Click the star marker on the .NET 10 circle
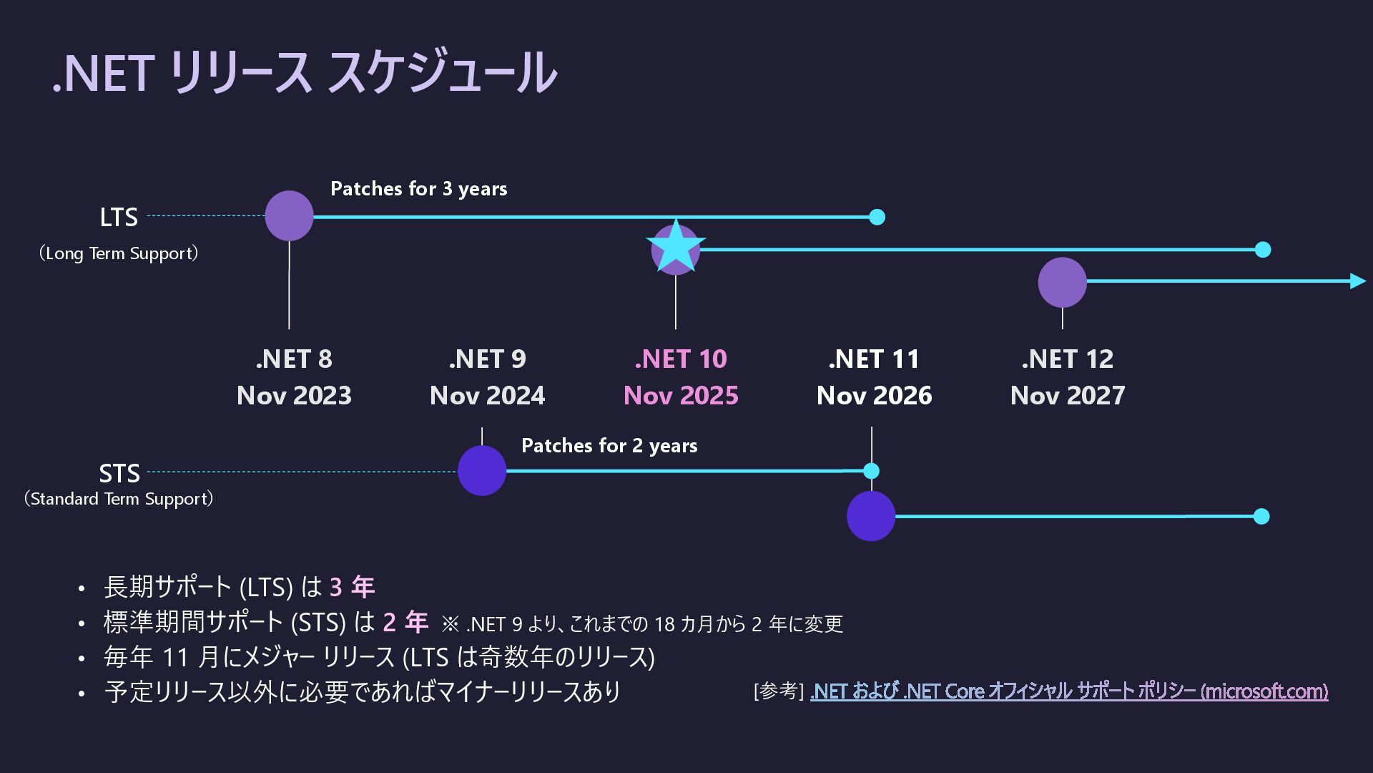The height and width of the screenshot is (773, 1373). tap(676, 248)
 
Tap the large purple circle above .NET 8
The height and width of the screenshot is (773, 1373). tap(289, 215)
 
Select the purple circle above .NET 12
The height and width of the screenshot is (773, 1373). tap(1062, 282)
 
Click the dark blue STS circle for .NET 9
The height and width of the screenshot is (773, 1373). tap(481, 471)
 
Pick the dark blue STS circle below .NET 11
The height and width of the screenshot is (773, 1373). tap(871, 516)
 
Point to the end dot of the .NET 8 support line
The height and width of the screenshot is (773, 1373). tap(877, 217)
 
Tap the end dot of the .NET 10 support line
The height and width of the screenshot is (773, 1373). tap(1263, 250)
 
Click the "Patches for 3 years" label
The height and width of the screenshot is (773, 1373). tap(418, 189)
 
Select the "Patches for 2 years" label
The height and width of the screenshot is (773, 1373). tap(609, 446)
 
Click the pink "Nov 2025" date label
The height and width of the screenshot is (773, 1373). tap(681, 396)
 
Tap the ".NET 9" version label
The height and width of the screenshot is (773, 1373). tap(487, 359)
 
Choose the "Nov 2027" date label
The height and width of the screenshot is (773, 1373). tap(1068, 396)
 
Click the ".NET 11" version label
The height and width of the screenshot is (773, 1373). tap(874, 359)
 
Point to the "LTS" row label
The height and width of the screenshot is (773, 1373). tap(119, 218)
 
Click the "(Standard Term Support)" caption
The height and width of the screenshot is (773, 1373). tap(119, 499)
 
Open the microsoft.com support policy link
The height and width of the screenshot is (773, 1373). tap(1068, 691)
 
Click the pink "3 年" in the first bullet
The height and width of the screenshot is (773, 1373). tap(352, 588)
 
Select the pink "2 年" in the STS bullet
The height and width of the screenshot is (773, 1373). tap(405, 622)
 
